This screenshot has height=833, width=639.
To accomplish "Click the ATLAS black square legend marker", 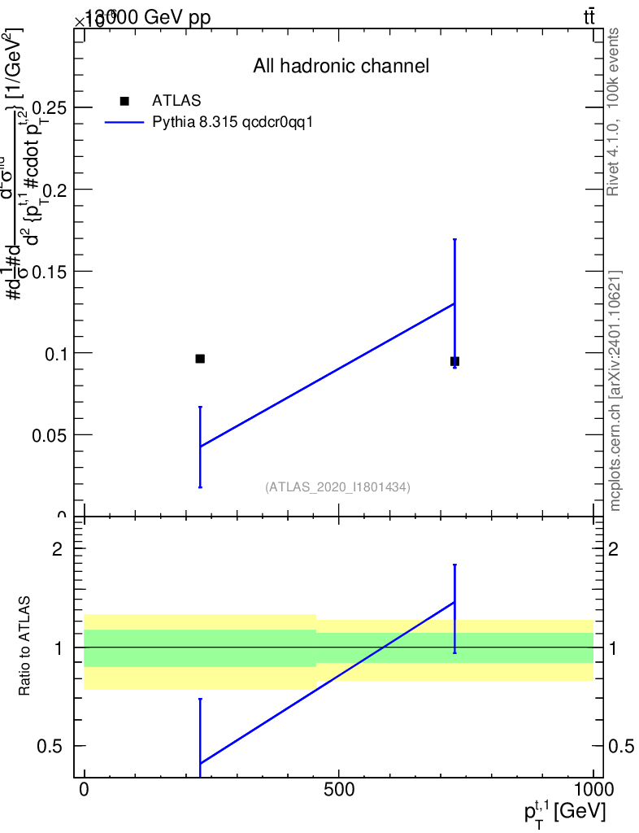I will tap(124, 101).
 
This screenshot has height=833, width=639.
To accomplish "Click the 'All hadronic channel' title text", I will tap(341, 66).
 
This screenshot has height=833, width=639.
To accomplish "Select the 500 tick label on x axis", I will tap(338, 790).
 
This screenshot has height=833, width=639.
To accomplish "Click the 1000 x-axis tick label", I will tap(593, 790).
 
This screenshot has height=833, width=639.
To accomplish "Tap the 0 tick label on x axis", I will tap(84, 790).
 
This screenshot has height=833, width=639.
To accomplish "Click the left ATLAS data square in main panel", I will tap(200, 359).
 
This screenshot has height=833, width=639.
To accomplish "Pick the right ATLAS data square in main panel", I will tap(454, 361).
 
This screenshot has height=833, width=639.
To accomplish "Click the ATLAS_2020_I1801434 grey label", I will tap(337, 487).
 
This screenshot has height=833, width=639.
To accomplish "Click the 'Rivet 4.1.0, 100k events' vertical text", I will tap(614, 111).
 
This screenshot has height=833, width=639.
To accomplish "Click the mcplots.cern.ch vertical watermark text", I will tap(615, 390).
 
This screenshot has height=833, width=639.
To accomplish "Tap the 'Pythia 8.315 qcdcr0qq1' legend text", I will tap(233, 123).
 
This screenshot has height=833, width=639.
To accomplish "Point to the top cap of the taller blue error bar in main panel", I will tap(454, 239).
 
